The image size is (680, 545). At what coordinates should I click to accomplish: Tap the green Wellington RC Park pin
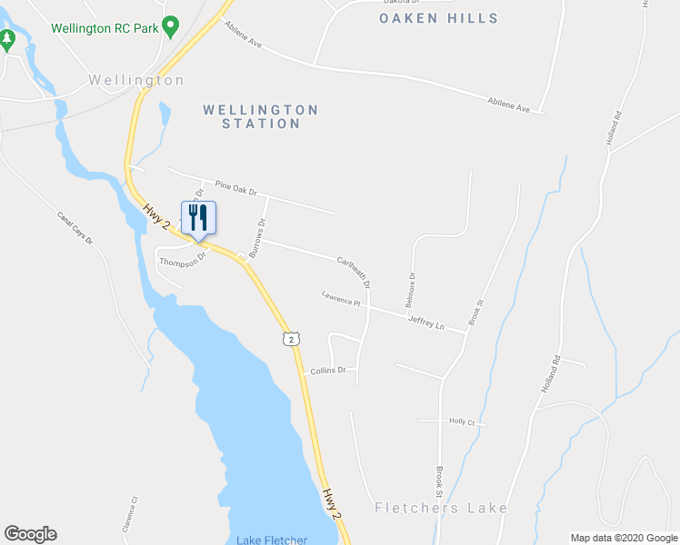(x=169, y=26)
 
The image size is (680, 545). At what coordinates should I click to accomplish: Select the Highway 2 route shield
(x=289, y=339)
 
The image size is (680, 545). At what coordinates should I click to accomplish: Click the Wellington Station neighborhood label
(x=260, y=116)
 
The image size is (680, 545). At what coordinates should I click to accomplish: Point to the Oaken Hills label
(x=439, y=18)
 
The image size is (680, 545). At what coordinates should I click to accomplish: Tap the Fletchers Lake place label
(x=441, y=508)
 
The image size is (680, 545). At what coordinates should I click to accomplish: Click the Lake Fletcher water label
(x=272, y=540)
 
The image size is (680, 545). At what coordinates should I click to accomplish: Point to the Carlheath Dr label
(x=354, y=271)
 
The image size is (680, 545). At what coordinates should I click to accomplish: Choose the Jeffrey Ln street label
(x=425, y=322)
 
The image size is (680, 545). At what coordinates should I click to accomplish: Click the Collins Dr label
(x=328, y=371)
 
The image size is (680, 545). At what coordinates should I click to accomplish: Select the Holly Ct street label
(x=463, y=421)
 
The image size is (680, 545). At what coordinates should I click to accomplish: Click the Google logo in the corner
(x=30, y=534)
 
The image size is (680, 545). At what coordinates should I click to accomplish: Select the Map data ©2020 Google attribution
(x=623, y=538)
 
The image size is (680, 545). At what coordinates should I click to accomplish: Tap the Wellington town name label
(x=136, y=80)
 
